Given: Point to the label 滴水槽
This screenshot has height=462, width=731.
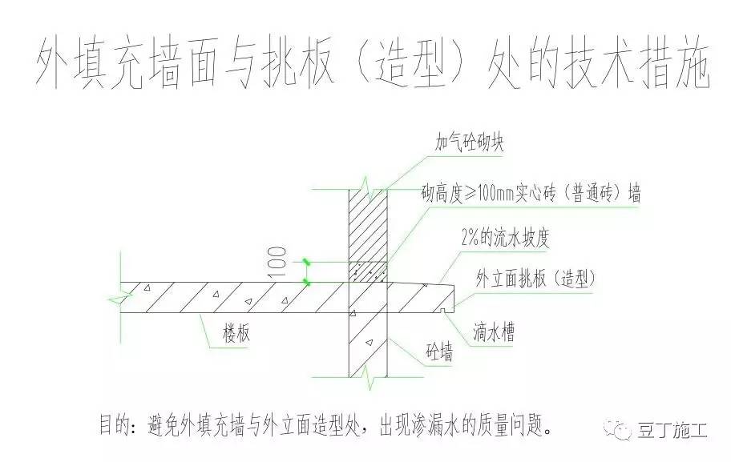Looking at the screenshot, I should pos(495,329).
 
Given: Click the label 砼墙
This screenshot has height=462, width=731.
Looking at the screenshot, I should pos(438,352).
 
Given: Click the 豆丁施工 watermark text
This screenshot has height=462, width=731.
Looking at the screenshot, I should pos(672,429).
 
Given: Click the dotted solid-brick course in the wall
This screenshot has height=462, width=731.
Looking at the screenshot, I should pos(368,272).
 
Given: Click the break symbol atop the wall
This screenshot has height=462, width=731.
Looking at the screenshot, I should pos(368,190).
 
